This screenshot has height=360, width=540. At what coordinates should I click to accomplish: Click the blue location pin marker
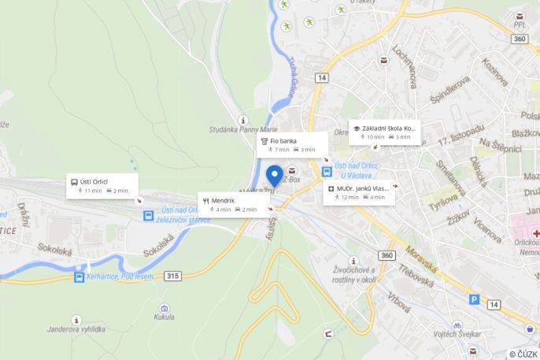[x=275, y=176]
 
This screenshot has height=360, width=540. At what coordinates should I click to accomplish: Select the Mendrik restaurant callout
[x=235, y=205]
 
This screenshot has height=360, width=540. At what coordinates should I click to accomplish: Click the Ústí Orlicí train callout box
[x=102, y=186]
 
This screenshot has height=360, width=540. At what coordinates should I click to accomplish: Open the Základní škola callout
[x=384, y=132]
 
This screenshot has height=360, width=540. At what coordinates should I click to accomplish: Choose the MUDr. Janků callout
[x=359, y=192]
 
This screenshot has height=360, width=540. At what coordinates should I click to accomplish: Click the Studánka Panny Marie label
[x=244, y=129]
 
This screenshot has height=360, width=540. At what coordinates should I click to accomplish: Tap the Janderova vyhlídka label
[x=76, y=328]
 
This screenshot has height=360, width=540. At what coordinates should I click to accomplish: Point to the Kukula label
[x=165, y=317]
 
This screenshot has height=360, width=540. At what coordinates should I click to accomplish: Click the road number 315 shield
[x=173, y=276]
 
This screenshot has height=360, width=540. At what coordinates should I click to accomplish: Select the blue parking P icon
[x=474, y=299]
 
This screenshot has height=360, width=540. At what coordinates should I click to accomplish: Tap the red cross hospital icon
[x=535, y=234]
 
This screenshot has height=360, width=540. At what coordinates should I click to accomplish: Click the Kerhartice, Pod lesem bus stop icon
[x=80, y=276]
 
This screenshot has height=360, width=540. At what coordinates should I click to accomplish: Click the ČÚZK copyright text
[x=523, y=354]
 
